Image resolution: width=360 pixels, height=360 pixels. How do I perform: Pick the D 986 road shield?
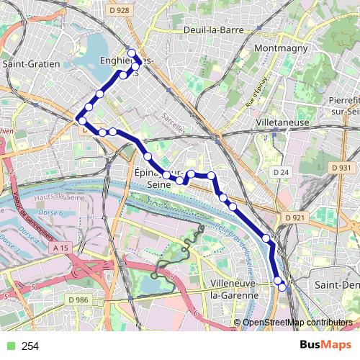[78, 299]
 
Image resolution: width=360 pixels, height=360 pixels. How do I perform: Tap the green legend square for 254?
[8, 346]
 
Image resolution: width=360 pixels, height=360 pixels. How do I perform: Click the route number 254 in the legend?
[30, 346]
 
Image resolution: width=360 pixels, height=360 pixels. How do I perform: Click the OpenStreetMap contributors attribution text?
[297, 323]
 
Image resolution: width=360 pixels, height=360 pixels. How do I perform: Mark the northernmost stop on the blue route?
[132, 53]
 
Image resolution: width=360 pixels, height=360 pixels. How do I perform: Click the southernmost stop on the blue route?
[282, 287]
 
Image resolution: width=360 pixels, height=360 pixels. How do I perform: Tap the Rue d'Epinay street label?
[256, 94]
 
